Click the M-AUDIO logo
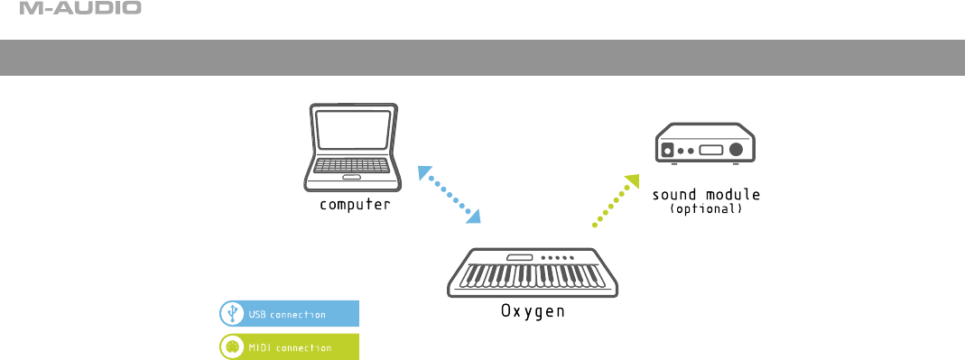[x=80, y=8]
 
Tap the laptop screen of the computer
[x=353, y=129]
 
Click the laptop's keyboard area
[x=352, y=165]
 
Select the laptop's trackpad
[x=352, y=178]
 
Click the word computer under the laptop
[x=355, y=204]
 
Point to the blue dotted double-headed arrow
[x=449, y=194]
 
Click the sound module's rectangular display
[x=710, y=150]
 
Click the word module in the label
[x=733, y=195]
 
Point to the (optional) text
[x=706, y=209]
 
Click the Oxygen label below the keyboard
[x=533, y=311]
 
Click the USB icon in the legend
[x=232, y=314]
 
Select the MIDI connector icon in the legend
[x=232, y=347]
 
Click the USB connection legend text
[x=287, y=315]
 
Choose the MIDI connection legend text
[x=290, y=347]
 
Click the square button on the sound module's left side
[x=666, y=150]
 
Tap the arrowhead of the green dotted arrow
[x=634, y=181]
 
